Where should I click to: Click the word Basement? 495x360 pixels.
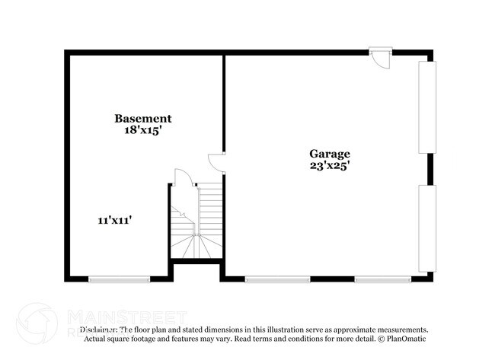(142, 118)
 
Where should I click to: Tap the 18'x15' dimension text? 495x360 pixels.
(142, 130)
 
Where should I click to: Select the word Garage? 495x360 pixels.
(329, 152)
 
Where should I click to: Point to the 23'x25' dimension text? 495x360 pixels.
(329, 164)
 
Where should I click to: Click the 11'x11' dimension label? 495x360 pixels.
(116, 221)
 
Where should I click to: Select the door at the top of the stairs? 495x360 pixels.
(183, 177)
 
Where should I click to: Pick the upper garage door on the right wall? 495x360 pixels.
(427, 107)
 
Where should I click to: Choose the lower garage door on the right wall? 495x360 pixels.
(427, 228)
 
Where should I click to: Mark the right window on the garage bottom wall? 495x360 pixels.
(382, 279)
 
